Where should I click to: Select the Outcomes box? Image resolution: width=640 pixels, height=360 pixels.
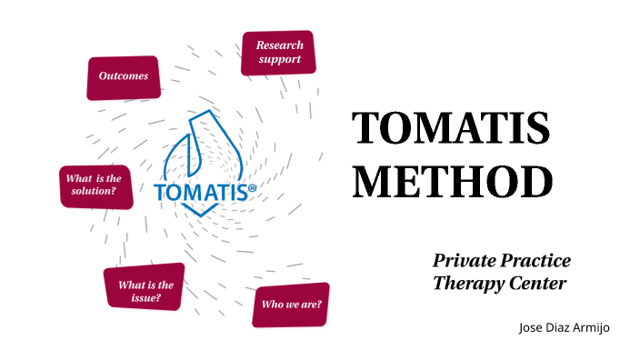124,76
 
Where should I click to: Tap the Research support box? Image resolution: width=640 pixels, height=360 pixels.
279,53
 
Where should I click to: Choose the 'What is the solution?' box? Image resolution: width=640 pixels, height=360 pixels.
94,185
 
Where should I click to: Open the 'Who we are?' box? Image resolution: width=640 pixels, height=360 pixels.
291,304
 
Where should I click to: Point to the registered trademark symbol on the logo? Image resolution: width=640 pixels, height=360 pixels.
252,185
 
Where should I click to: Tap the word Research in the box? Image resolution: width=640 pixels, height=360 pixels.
279,45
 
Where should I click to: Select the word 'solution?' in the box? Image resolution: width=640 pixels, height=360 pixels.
94,192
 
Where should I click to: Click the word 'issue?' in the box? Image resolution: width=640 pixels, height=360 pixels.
145,297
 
